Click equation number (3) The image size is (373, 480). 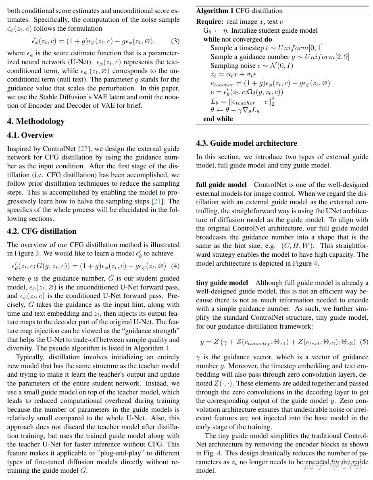pos(175,41)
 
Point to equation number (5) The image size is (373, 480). pos(364,342)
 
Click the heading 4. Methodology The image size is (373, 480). pos(36,121)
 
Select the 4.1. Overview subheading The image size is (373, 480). pos(30,135)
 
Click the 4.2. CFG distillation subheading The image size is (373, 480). pos(42,231)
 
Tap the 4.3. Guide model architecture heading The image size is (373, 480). pos(246,143)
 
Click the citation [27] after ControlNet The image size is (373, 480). pos(84,149)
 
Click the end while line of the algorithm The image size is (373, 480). pos(218,119)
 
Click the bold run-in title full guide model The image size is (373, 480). pos(221,185)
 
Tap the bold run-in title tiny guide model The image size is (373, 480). pos(222,283)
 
